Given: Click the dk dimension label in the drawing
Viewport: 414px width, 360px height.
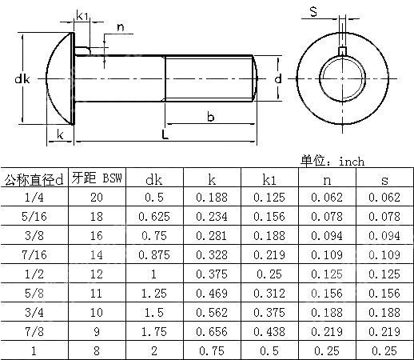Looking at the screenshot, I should tap(22, 79).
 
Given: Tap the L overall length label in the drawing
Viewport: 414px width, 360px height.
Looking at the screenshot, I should tap(164, 134).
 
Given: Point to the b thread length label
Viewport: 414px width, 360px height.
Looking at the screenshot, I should tap(210, 117).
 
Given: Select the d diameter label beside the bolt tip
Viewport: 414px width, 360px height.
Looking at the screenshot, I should tap(277, 79).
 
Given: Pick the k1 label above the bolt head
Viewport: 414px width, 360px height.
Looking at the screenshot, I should tap(84, 15).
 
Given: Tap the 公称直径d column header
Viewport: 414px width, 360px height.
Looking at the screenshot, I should tap(34, 178).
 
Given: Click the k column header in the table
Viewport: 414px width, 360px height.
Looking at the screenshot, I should tap(212, 179).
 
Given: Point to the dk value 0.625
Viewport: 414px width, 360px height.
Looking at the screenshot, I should tap(154, 216).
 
